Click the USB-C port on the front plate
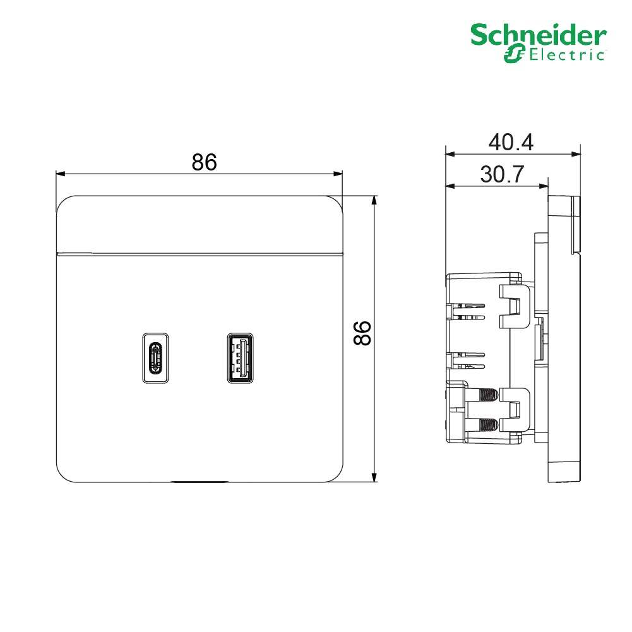(155, 358)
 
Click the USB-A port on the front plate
(240, 358)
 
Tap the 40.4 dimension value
(511, 142)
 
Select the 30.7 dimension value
(502, 174)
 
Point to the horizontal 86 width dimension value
(204, 162)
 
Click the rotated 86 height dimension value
(362, 333)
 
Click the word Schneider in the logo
(538, 35)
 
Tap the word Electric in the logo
(567, 55)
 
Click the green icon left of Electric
(515, 55)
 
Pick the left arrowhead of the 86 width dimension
(61, 174)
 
